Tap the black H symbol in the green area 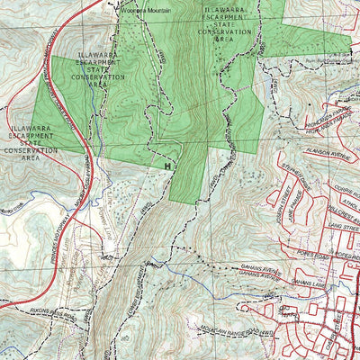click(167, 165)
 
